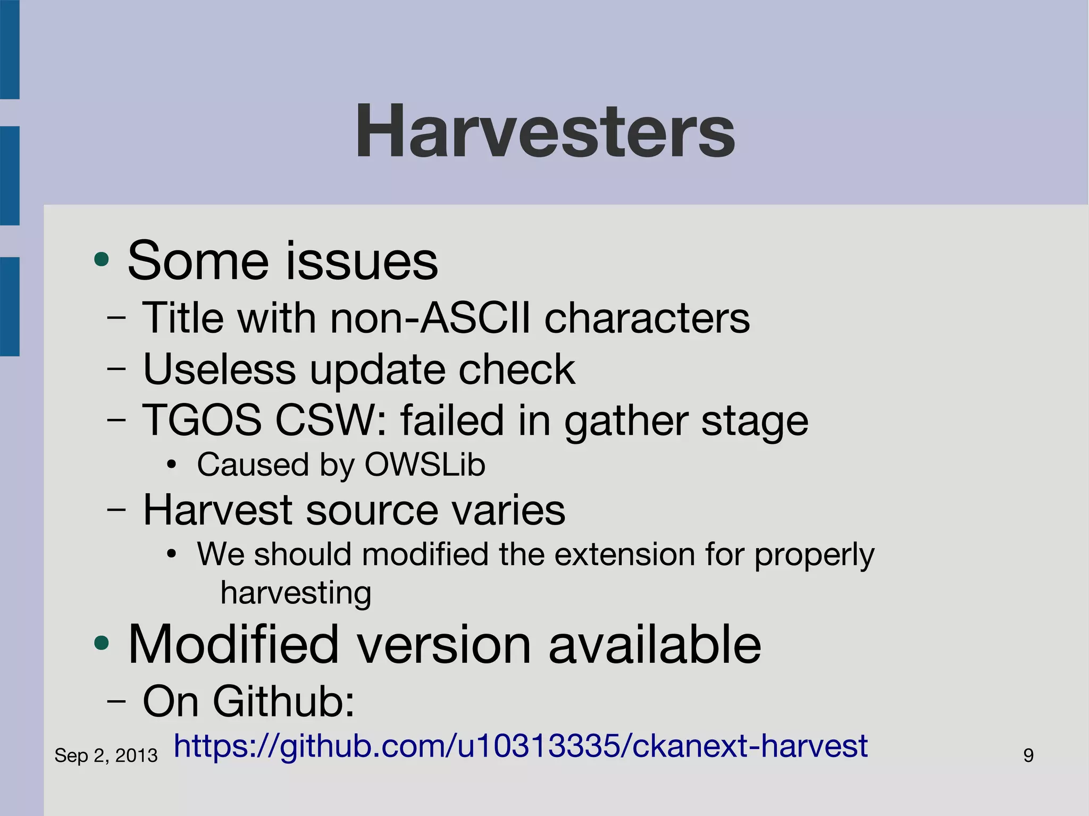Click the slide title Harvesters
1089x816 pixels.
point(545,131)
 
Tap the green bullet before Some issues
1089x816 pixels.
point(101,260)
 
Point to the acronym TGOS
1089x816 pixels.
point(202,420)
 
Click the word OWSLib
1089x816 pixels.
point(424,465)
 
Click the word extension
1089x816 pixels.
point(625,554)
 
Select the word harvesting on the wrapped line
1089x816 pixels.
point(296,593)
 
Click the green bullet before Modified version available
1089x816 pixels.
point(101,644)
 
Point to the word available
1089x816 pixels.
point(655,644)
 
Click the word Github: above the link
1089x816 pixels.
point(283,701)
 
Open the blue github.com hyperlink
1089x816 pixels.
point(521,746)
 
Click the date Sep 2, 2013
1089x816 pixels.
point(106,755)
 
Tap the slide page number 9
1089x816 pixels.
point(1028,755)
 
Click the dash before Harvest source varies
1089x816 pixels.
point(116,510)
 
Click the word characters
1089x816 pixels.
point(647,318)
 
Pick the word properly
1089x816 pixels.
point(814,555)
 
